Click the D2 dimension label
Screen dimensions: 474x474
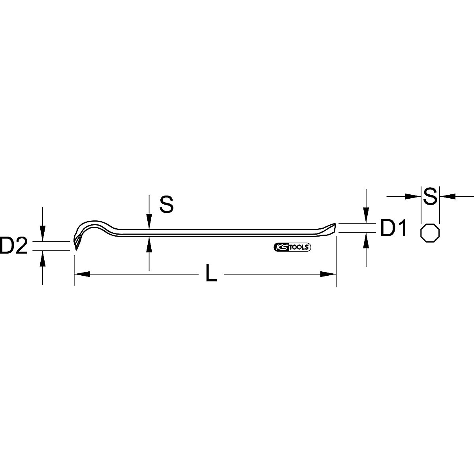14,246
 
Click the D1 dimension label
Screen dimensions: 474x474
393,229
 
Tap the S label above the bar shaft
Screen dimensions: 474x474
166,205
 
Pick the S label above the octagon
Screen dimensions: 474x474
430,196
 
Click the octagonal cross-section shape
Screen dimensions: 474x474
431,233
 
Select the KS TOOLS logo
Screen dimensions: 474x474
292,248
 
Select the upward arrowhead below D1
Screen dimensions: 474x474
367,240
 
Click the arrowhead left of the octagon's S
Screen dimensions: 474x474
413,196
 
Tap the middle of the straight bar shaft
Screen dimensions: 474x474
221,233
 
